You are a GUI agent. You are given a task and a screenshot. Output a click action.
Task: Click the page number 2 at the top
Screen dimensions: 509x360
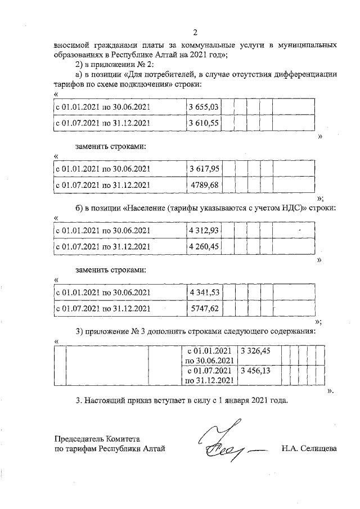coord(194,32)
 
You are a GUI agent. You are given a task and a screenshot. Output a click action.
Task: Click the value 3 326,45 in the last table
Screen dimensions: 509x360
coord(255,350)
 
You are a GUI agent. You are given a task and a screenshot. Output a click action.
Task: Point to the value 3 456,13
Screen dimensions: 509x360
coord(255,371)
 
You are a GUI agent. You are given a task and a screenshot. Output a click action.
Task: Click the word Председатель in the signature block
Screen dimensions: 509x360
coord(78,438)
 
